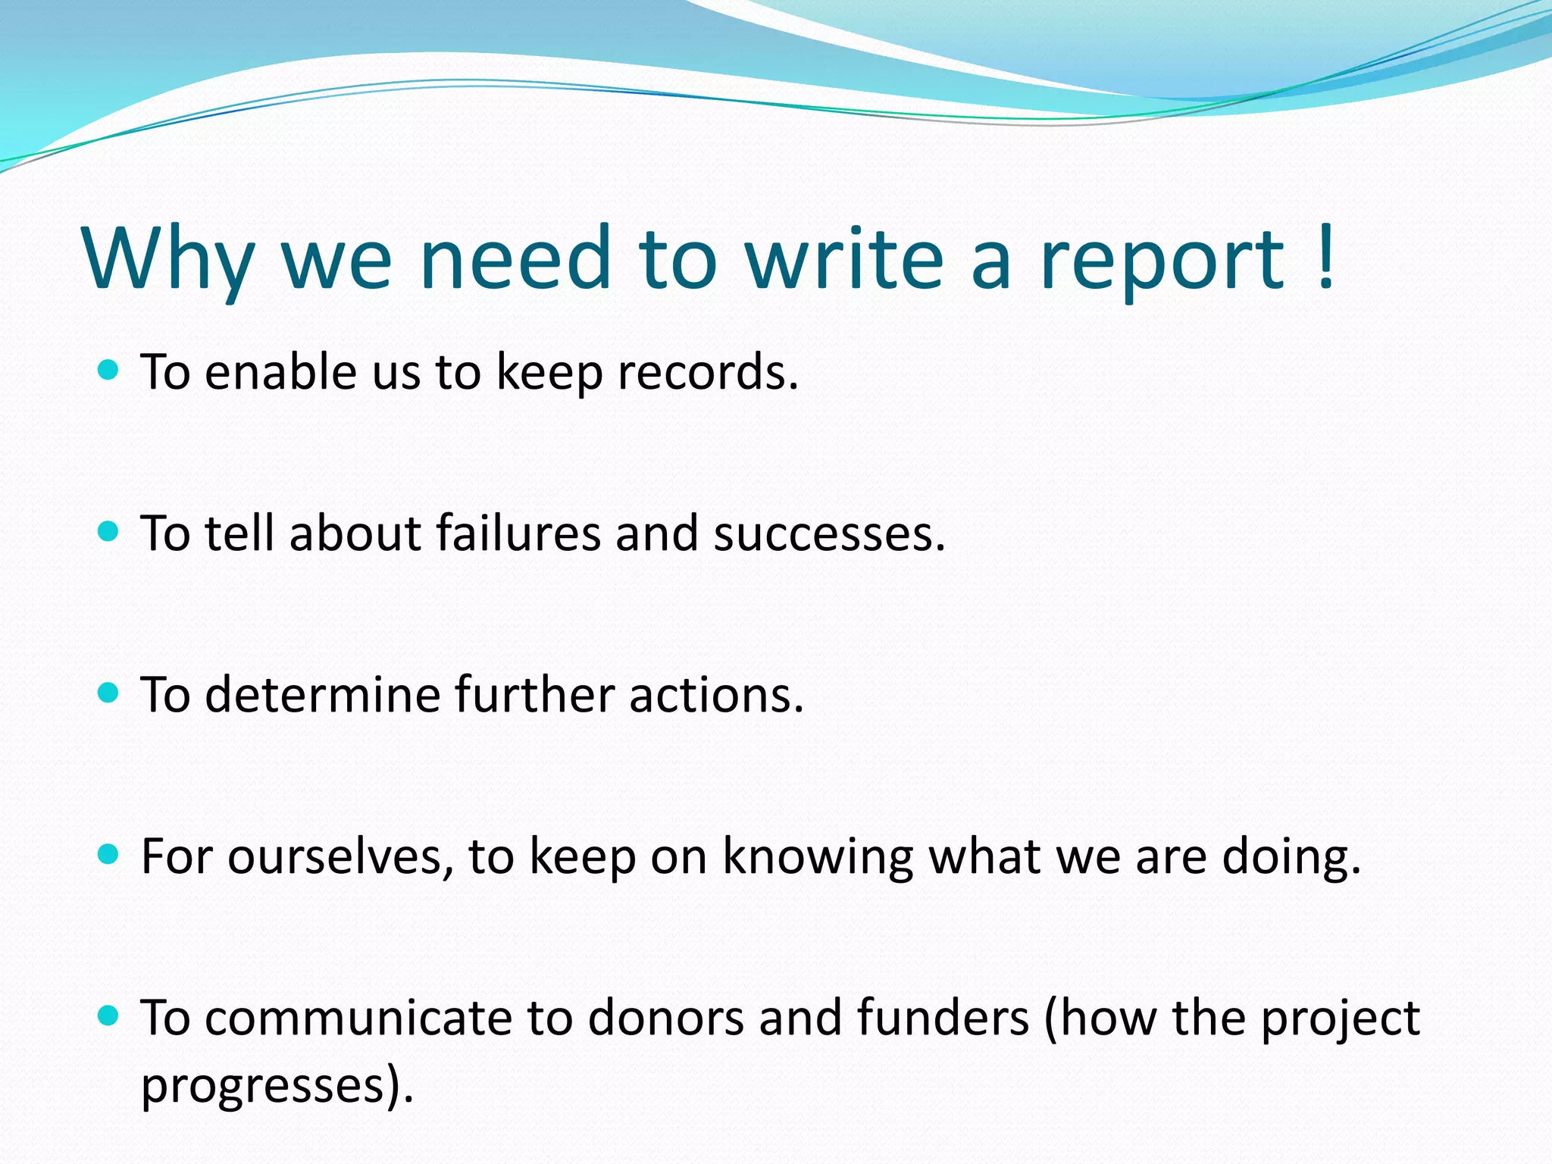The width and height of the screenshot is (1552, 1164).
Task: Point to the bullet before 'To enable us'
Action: tap(109, 371)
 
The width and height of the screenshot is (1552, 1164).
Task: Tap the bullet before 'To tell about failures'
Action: tap(109, 531)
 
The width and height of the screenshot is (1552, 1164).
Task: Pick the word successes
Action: tap(828, 534)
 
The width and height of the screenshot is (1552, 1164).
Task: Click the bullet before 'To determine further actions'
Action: tap(109, 693)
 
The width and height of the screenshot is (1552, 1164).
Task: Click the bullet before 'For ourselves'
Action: tap(109, 855)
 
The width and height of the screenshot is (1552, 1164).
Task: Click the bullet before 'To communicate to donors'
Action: tap(109, 1015)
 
